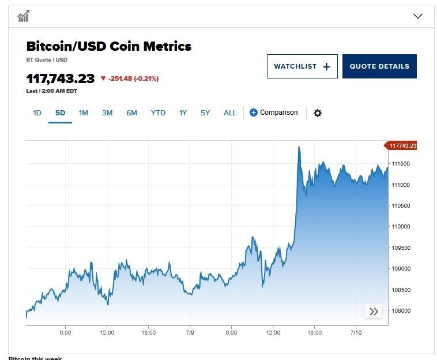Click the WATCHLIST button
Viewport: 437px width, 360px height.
302,66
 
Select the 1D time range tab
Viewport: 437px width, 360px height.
37,113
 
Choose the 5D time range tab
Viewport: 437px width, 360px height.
60,113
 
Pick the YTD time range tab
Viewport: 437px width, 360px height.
158,113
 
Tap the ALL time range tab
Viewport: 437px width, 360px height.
230,113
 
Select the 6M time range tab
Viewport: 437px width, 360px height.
131,113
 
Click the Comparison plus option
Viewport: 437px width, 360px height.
274,112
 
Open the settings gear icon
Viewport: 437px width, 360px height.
317,113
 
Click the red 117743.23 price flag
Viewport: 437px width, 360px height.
402,146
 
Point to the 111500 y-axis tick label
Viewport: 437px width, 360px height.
401,164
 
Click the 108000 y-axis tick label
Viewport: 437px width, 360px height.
401,310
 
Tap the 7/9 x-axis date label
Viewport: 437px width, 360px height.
190,332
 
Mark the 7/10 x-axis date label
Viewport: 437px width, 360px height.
356,332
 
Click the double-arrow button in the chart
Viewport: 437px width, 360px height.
374,312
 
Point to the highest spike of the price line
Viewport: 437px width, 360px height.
299,147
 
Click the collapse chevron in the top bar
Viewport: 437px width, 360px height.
418,16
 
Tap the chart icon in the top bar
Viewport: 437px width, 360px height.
23,16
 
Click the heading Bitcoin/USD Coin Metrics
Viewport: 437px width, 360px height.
109,46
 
